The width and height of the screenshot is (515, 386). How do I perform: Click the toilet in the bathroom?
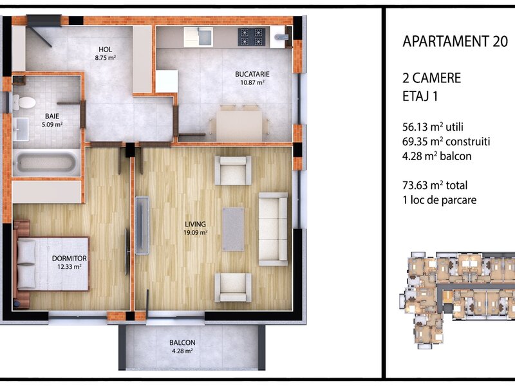[24, 102]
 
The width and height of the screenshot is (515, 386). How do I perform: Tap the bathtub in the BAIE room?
[46, 163]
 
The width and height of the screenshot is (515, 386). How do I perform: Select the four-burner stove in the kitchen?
[252, 37]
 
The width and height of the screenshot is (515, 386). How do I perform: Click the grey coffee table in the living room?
[233, 229]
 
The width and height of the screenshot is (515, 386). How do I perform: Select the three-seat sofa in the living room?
[273, 229]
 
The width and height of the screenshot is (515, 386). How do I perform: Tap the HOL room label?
[105, 50]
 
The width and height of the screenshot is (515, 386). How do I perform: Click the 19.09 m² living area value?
[196, 233]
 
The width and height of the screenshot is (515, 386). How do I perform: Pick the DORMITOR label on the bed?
[70, 259]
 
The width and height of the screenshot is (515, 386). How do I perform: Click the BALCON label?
[182, 343]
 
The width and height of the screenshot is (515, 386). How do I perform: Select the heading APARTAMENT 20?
[455, 41]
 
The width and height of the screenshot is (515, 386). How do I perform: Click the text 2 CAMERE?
[431, 78]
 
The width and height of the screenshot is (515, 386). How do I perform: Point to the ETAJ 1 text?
[420, 96]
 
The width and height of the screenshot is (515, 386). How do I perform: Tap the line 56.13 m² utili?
[433, 127]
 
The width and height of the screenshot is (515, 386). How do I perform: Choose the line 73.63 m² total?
[435, 185]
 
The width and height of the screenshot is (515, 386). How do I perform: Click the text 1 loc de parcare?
[440, 200]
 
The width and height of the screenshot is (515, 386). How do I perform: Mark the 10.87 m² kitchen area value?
[252, 82]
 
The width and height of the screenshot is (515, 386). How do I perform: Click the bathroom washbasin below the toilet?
[21, 129]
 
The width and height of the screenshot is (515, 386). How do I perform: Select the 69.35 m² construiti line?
[446, 142]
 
